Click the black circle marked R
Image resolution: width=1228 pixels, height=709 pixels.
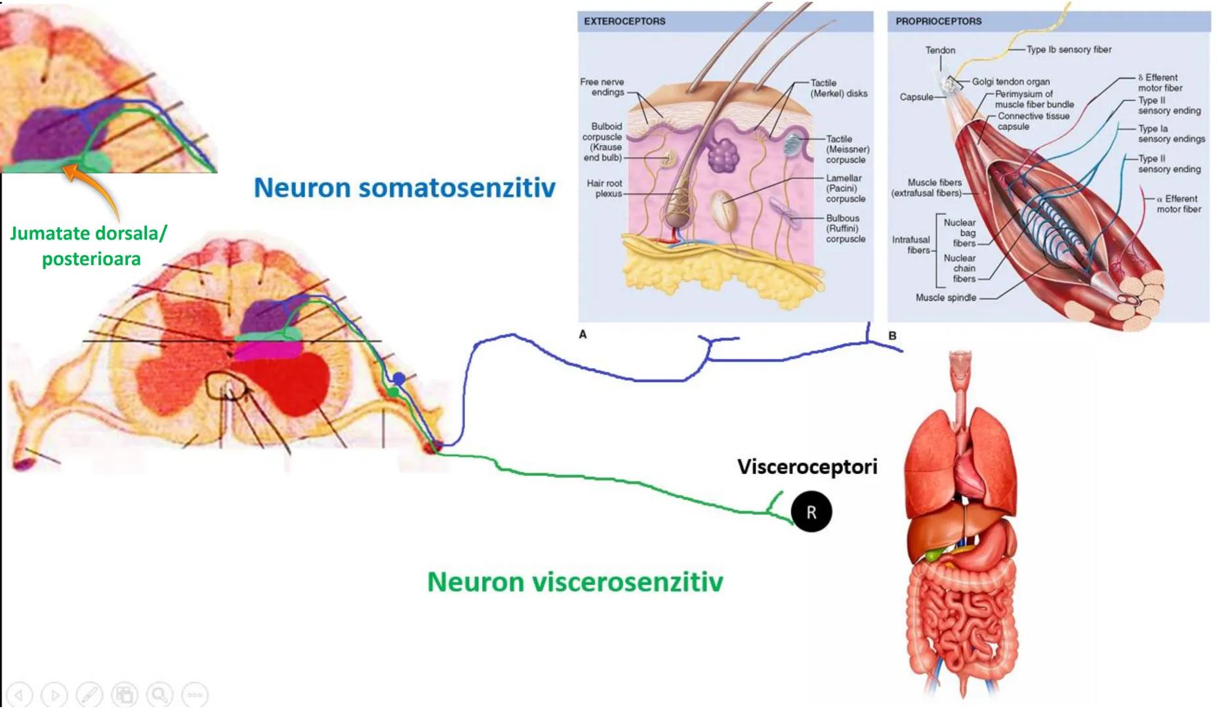(x=811, y=512)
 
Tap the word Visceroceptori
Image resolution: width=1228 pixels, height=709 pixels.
(x=807, y=467)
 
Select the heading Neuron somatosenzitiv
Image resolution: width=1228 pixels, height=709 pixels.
(x=404, y=188)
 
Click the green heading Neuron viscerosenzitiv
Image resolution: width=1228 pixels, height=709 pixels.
(x=575, y=582)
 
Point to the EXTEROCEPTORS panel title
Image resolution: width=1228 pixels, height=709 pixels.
(x=624, y=21)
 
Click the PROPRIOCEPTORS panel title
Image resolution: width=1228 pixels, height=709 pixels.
(x=939, y=21)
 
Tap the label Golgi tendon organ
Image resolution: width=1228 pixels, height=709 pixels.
(x=1011, y=81)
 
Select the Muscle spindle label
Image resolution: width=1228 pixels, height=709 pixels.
(x=946, y=297)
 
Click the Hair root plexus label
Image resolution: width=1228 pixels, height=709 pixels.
(x=604, y=188)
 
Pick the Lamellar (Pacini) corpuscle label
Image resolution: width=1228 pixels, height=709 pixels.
(x=845, y=188)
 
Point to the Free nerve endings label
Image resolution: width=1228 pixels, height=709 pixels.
(x=602, y=87)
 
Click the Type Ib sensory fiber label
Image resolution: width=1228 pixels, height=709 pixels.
(x=1069, y=49)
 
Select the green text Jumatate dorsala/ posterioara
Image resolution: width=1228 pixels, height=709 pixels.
(x=90, y=246)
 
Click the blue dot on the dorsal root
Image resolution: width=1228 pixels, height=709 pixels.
(x=399, y=378)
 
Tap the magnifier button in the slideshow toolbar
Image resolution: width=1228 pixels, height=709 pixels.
(x=159, y=694)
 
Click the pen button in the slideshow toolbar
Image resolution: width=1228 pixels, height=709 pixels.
(x=89, y=694)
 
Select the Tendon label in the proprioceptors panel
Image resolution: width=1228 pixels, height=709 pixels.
(x=940, y=50)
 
